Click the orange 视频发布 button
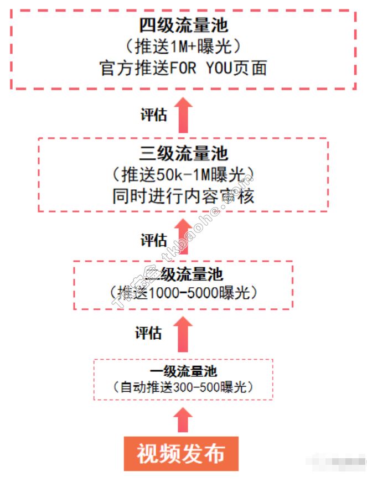tap(181, 454)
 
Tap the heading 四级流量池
tap(183, 25)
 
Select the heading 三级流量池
tap(183, 153)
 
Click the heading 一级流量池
tap(183, 371)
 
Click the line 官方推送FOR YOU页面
tap(183, 68)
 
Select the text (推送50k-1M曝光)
tap(183, 175)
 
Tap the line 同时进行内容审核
tap(183, 196)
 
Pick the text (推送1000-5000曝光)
tap(183, 292)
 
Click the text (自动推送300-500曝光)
tap(183, 387)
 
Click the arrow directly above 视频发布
tap(183, 420)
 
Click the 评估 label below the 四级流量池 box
tap(153, 115)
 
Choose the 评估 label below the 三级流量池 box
tap(153, 240)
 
